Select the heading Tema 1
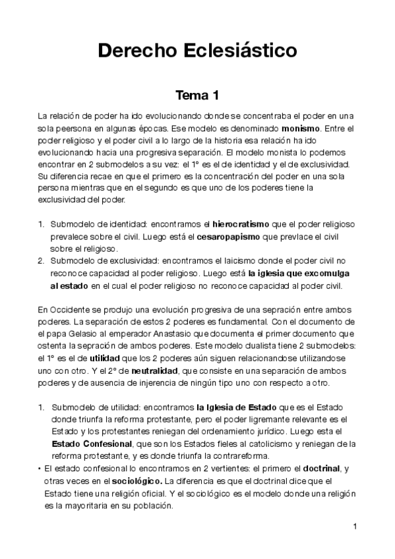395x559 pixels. point(197,96)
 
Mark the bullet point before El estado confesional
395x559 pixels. point(40,469)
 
